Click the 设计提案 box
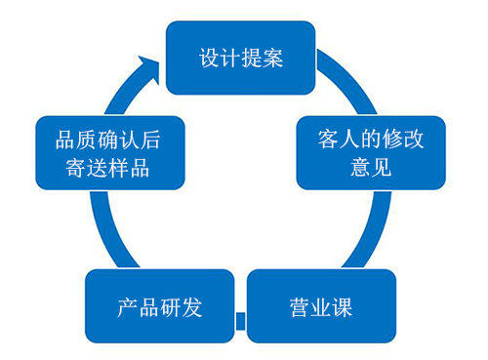coord(240,58)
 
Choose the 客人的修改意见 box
coord(371,152)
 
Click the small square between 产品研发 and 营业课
coord(240,318)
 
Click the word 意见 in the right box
coord(371,167)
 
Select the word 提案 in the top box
coord(262,58)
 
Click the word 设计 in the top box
coord(219,58)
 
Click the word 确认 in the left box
coord(107,139)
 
